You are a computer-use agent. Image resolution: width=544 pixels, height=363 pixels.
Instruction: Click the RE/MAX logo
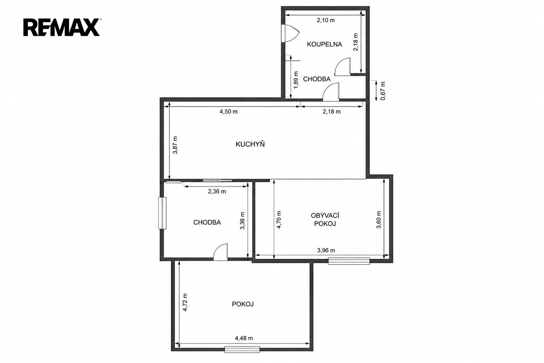click(x=62, y=27)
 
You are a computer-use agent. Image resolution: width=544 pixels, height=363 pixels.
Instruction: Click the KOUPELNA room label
click(x=324, y=44)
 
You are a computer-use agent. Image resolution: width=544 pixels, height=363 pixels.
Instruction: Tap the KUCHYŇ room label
click(x=250, y=144)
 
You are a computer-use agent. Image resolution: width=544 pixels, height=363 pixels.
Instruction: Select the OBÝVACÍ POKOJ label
click(x=325, y=219)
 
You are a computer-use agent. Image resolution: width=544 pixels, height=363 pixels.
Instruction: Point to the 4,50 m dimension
click(x=228, y=112)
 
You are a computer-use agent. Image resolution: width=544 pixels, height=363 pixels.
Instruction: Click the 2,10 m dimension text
click(x=326, y=20)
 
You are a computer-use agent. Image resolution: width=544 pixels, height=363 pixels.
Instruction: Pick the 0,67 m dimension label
click(x=383, y=91)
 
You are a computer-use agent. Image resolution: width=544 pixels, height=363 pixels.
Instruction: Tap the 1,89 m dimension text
click(x=296, y=80)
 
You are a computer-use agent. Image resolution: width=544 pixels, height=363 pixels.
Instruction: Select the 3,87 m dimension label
click(x=175, y=145)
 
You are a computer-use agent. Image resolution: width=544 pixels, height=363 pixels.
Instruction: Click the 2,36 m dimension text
click(x=217, y=191)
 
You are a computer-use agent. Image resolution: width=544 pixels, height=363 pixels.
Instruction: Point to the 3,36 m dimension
click(x=242, y=220)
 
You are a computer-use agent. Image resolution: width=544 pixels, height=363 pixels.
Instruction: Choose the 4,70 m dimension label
click(x=279, y=219)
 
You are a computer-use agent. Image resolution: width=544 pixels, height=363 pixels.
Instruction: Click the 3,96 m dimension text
click(x=326, y=250)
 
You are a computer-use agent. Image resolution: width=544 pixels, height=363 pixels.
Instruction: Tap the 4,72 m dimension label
click(x=185, y=302)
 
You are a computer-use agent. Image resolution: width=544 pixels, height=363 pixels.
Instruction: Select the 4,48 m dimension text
click(x=244, y=338)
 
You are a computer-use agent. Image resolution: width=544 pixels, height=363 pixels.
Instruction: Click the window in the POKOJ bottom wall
click(x=242, y=350)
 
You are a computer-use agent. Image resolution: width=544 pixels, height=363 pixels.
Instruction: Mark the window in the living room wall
click(x=349, y=261)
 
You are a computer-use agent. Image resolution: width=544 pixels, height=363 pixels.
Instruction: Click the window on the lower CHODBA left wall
click(x=162, y=213)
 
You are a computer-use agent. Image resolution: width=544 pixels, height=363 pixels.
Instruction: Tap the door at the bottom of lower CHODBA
click(x=221, y=252)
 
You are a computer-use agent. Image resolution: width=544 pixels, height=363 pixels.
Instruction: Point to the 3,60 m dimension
click(x=379, y=219)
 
